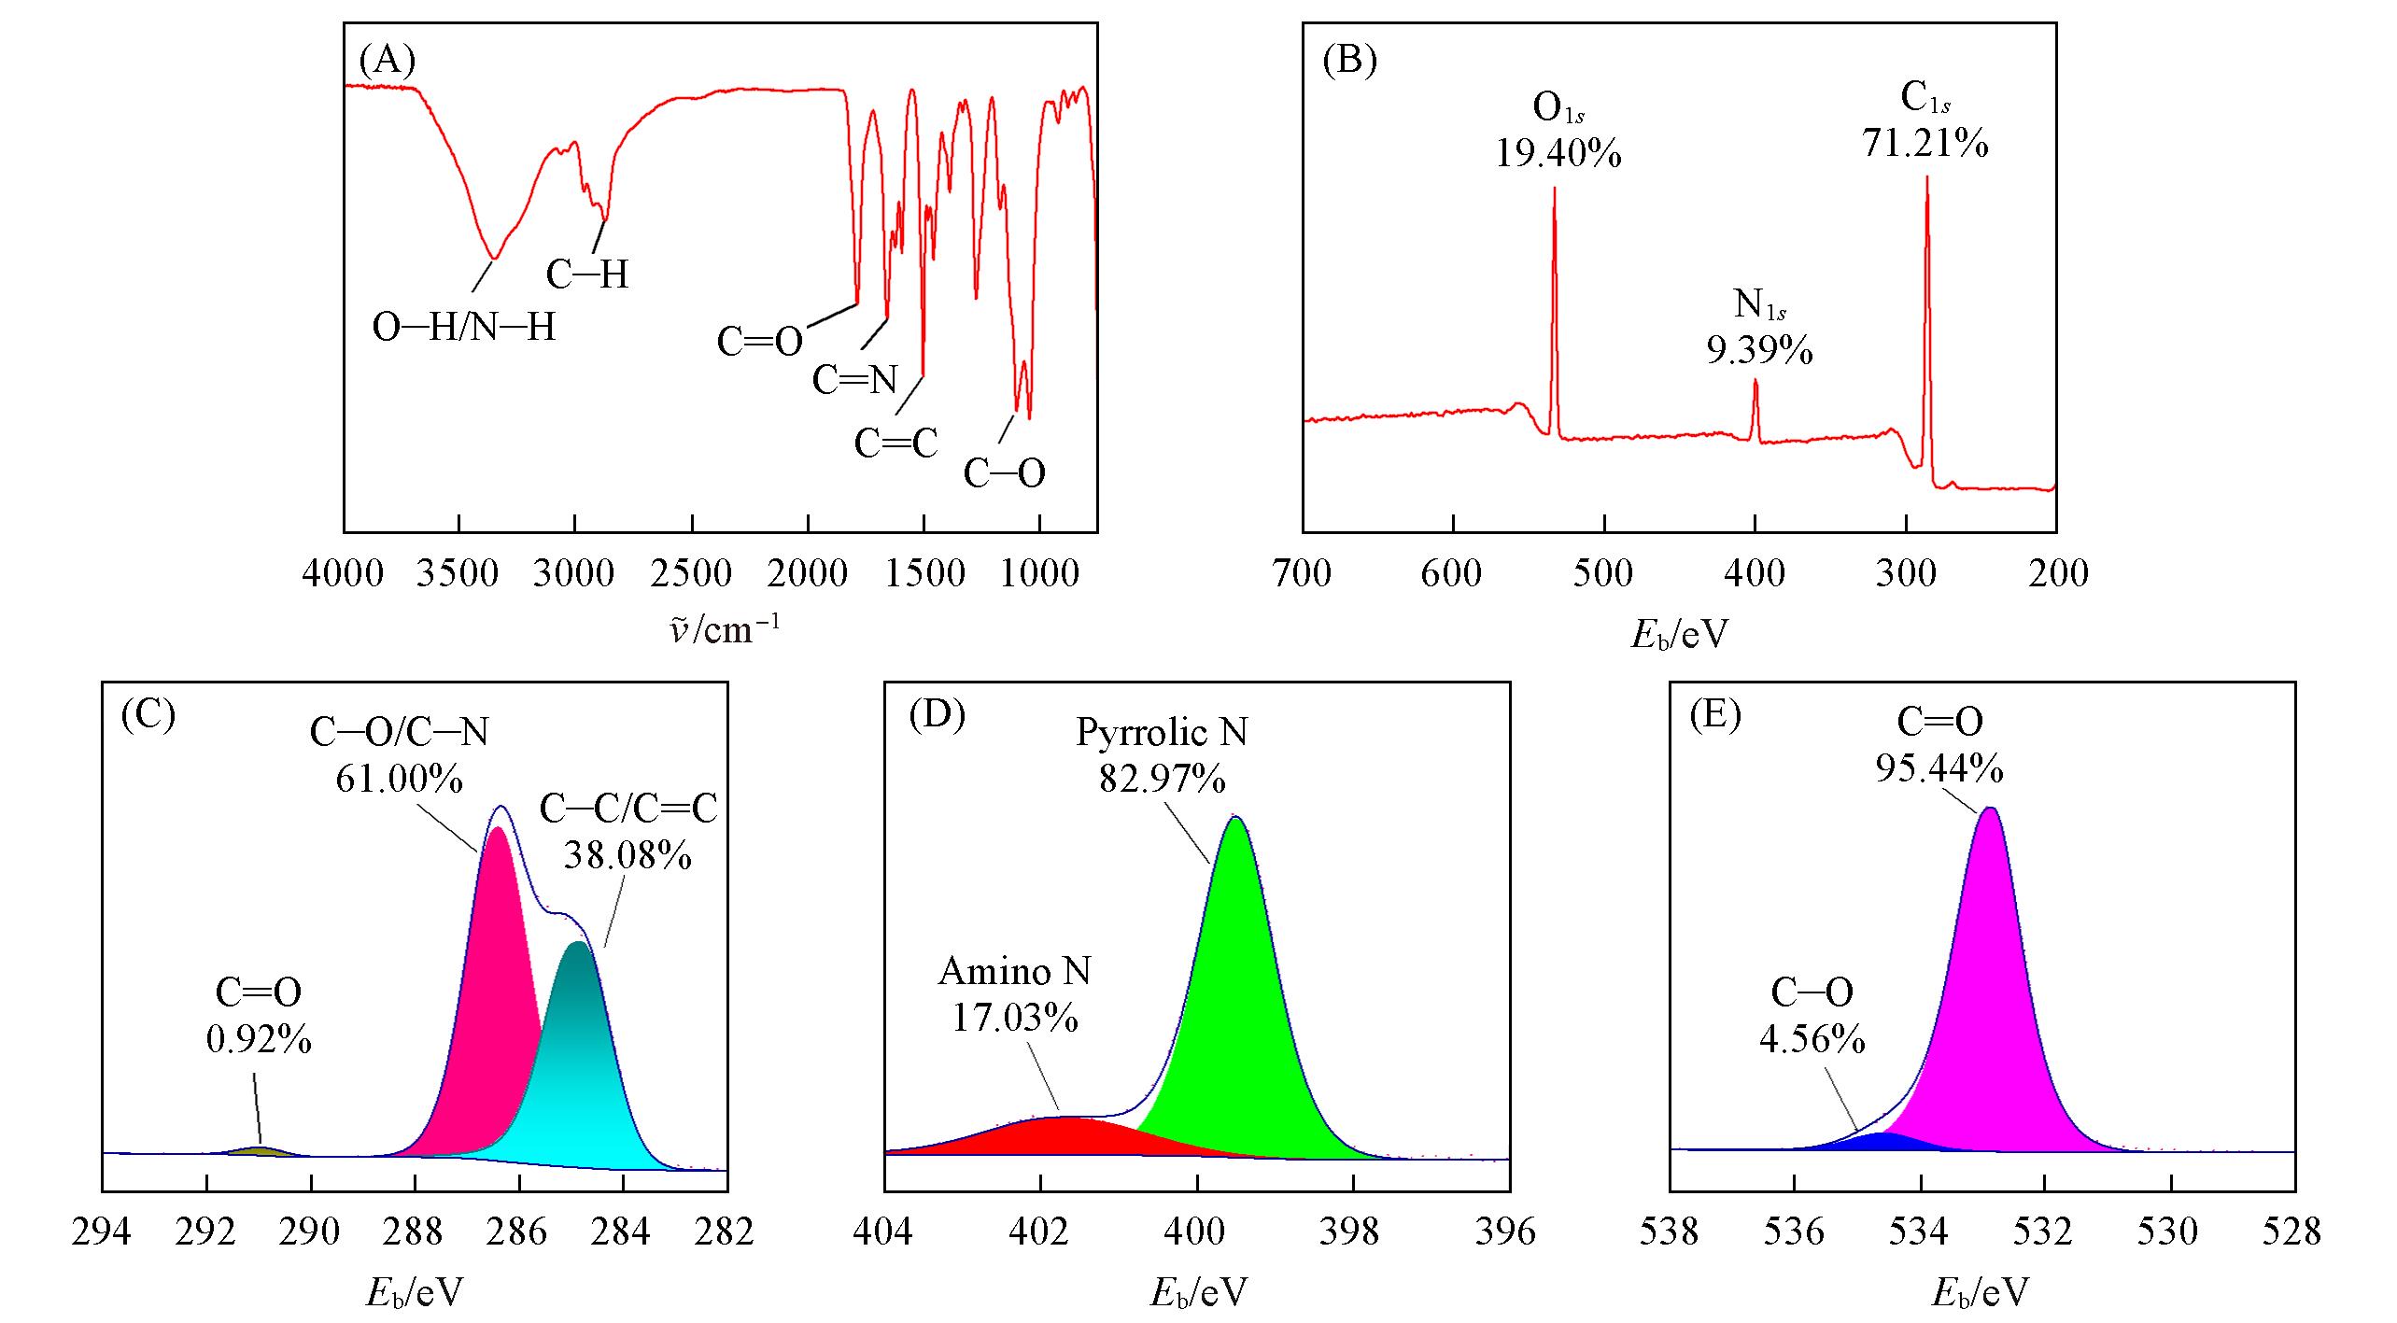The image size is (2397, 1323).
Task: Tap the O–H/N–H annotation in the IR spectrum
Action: (x=464, y=328)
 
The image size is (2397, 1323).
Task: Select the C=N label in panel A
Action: (x=854, y=380)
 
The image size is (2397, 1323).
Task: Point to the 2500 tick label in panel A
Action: (x=691, y=573)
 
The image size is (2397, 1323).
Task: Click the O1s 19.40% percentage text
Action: (x=1558, y=153)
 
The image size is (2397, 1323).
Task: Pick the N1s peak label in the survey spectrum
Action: (x=1759, y=305)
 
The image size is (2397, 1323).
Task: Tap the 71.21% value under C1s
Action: (x=1925, y=143)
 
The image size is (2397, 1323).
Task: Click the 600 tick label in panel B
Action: (x=1451, y=573)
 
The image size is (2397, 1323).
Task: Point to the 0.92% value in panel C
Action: (x=259, y=1039)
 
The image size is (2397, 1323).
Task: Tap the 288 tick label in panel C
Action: (x=415, y=1232)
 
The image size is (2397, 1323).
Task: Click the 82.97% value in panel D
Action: (x=1162, y=777)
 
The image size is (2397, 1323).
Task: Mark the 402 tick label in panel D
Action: (x=1039, y=1232)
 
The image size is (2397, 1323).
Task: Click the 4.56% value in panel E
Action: (x=1812, y=1039)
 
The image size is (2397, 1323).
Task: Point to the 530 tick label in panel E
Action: (x=2170, y=1232)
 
